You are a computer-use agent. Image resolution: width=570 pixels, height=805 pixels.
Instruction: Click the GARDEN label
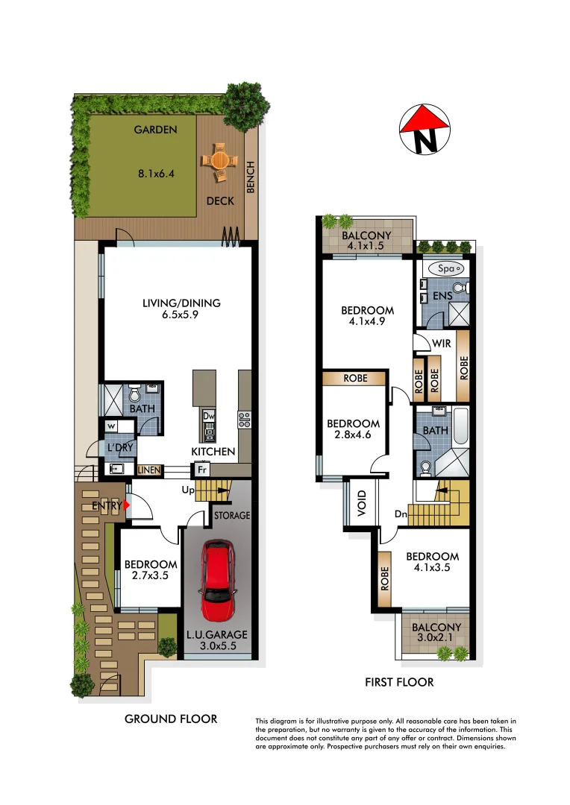(x=155, y=130)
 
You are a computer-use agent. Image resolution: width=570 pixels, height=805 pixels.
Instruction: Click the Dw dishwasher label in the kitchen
(x=209, y=416)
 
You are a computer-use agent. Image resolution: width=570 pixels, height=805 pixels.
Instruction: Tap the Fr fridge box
(x=201, y=470)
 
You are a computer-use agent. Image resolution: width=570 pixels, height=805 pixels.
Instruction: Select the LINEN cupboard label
(x=149, y=470)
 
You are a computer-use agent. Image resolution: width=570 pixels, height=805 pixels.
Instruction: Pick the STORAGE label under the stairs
(x=232, y=515)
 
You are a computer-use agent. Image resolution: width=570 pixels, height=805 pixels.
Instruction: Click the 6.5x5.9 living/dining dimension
(x=182, y=315)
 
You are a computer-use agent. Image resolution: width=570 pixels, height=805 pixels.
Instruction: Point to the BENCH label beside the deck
(x=251, y=177)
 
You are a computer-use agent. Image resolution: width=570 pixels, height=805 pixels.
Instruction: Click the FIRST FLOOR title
(x=399, y=682)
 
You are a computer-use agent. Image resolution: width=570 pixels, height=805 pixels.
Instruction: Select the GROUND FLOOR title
(x=171, y=719)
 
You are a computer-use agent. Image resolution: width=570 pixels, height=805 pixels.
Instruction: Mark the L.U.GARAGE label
(x=217, y=635)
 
